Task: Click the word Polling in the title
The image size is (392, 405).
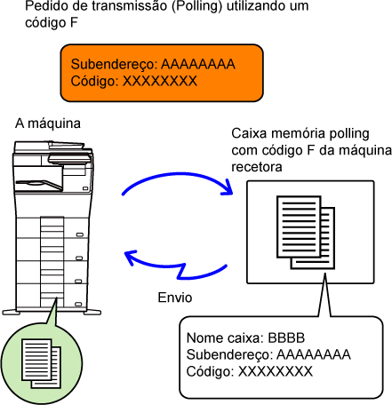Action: pos(196,6)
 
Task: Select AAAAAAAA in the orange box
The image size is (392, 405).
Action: pos(198,64)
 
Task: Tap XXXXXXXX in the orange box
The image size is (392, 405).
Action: pos(160,81)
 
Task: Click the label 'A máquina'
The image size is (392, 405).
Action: pos(48,123)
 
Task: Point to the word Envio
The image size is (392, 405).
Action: pos(175,298)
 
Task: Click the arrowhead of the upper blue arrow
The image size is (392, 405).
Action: pos(228,187)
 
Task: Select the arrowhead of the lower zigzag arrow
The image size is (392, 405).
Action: pos(131,257)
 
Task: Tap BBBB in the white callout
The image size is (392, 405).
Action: pos(286,337)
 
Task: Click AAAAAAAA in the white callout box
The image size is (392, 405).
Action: pos(314,354)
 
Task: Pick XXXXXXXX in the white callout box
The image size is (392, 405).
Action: pos(276,371)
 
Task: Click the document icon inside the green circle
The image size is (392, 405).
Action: pos(41,363)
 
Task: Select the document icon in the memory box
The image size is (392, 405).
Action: pos(306,233)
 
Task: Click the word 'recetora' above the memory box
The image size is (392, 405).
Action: pos(257,167)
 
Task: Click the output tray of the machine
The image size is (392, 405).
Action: pos(38,185)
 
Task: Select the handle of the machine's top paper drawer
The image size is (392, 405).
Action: pos(79,235)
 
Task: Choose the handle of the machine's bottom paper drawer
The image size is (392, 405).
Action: pos(78,304)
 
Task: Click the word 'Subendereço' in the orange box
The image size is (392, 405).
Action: pos(114,65)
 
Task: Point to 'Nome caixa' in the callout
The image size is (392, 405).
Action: pos(225,337)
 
